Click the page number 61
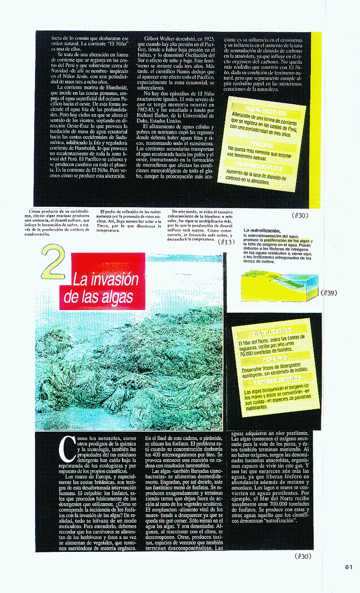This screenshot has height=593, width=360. pyautogui.click(x=348, y=567)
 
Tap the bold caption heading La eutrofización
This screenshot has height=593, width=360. pyautogui.click(x=262, y=231)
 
